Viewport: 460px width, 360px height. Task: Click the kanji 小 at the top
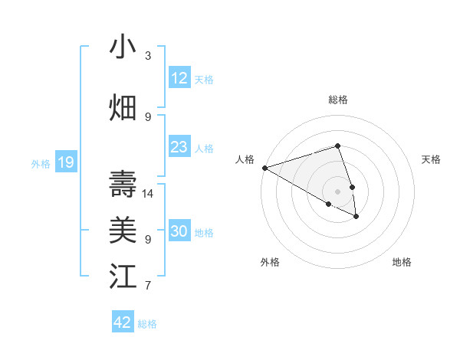(123, 47)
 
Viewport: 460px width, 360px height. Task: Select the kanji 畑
(123, 108)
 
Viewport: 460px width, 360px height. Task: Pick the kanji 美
(123, 231)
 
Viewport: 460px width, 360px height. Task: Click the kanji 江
(123, 277)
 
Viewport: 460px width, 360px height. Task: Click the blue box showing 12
(179, 78)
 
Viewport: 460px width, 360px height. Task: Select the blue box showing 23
(179, 147)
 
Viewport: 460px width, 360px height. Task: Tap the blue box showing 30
(179, 231)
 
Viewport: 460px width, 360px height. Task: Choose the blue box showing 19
(66, 162)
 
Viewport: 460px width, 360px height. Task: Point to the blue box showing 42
(123, 322)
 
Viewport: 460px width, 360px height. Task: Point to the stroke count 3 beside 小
(148, 56)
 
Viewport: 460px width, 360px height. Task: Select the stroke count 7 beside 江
(148, 286)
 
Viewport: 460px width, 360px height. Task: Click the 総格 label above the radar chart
(338, 100)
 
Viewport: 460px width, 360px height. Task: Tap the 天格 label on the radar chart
(431, 159)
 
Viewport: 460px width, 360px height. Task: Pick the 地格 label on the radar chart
(402, 262)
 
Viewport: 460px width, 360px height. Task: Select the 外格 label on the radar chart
(270, 262)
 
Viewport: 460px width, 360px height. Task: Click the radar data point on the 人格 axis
(264, 168)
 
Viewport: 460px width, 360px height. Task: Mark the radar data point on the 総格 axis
(338, 146)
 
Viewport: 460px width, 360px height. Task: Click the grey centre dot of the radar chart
(338, 191)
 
